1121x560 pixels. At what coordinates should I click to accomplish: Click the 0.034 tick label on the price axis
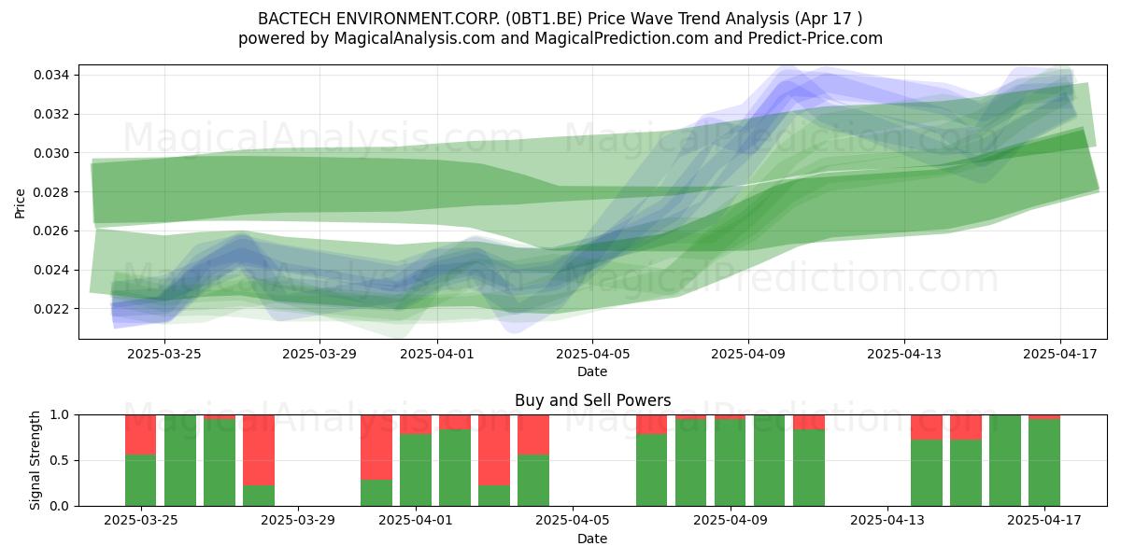(51, 76)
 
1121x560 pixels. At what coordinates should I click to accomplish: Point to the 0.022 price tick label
(51, 309)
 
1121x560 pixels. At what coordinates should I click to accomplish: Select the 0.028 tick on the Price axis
(51, 192)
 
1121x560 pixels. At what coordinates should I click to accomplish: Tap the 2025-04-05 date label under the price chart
(592, 354)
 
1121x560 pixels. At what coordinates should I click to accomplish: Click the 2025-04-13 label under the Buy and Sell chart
(887, 520)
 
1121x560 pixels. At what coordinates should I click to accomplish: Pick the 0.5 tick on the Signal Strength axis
(60, 460)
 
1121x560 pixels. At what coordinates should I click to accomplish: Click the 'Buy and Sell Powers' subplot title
(592, 400)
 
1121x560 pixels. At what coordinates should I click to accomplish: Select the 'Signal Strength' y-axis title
(35, 460)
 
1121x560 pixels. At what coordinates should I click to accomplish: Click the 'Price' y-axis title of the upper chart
(20, 203)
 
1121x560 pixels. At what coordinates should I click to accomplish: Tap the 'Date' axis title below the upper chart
(592, 371)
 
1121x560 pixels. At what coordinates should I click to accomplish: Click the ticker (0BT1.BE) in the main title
(544, 19)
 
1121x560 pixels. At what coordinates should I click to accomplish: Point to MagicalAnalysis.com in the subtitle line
(415, 38)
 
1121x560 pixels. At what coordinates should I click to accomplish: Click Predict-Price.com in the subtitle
(816, 38)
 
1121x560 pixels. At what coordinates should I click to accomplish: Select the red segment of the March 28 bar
(259, 450)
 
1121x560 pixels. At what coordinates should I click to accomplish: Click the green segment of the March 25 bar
(141, 481)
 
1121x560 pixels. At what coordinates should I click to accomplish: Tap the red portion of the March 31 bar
(376, 447)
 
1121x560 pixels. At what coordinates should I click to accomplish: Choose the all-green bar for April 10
(769, 460)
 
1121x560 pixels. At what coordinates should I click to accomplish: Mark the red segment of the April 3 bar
(494, 450)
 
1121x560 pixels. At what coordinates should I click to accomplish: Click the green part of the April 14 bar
(927, 473)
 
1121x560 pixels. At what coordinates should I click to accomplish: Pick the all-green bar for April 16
(1005, 460)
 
